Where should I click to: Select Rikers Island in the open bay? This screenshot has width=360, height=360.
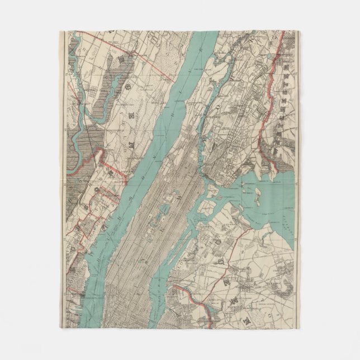pos(258,196)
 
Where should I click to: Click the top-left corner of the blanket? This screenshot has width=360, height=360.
pos(59,31)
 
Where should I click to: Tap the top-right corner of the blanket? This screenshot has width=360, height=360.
pos(300,31)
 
